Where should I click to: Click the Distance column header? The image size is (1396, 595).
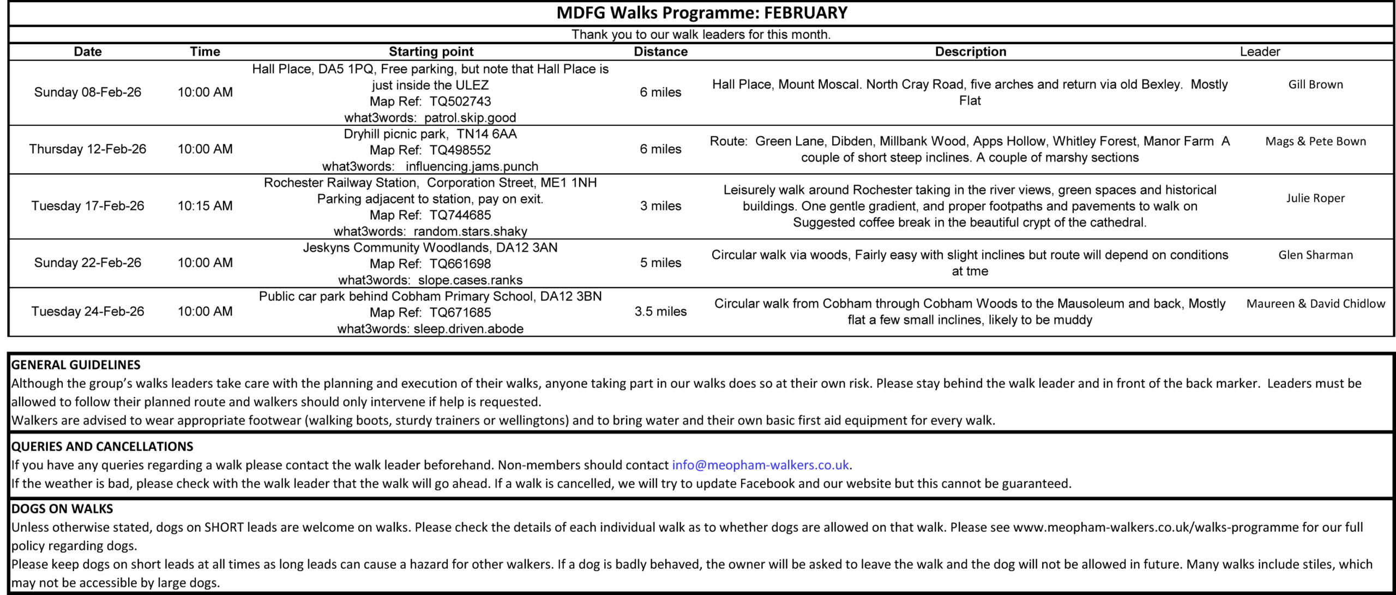[x=660, y=52]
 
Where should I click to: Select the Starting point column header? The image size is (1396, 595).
[x=431, y=52]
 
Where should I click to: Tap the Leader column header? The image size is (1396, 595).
[x=1260, y=52]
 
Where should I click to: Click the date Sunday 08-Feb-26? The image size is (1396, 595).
[x=88, y=92]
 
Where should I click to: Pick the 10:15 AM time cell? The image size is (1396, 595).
[x=205, y=206]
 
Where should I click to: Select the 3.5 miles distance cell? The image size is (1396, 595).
[x=660, y=312]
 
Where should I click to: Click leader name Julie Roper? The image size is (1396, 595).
[x=1315, y=198]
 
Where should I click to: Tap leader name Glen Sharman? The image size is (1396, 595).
[x=1315, y=255]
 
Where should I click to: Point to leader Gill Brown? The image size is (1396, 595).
[x=1315, y=84]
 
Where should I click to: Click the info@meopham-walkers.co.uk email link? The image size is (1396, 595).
[x=760, y=465]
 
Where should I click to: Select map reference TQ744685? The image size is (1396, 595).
[x=460, y=215]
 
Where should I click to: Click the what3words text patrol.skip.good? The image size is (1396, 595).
[x=470, y=118]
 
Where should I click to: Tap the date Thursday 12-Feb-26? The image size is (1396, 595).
[x=88, y=149]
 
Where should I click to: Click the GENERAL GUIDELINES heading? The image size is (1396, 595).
[x=76, y=365]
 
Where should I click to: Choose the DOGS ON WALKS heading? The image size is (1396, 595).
[x=62, y=508]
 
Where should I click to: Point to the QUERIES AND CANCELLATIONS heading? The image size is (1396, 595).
[x=102, y=446]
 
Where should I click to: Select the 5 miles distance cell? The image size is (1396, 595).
[x=660, y=263]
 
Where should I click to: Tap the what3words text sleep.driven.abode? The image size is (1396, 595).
[x=468, y=329]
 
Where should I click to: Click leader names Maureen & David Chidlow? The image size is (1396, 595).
[x=1315, y=303]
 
